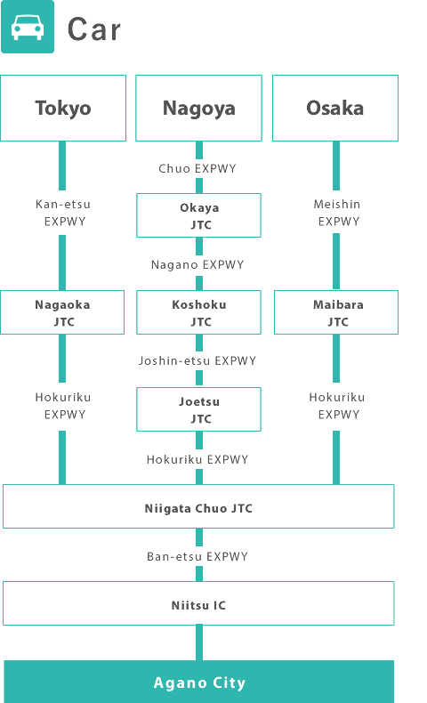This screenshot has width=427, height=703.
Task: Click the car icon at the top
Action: [x=28, y=27]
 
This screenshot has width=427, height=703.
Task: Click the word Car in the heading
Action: [x=94, y=29]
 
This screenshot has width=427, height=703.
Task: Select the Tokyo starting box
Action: [x=63, y=108]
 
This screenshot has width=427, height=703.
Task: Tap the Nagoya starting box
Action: [x=199, y=108]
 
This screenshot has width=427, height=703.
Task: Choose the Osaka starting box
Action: [x=335, y=108]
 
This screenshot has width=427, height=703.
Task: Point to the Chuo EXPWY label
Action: [x=197, y=168]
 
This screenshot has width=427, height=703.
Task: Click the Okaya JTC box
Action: [x=199, y=215]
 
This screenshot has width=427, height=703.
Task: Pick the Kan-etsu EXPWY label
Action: [x=63, y=213]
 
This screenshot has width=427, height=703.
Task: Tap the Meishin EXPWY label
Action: [x=337, y=213]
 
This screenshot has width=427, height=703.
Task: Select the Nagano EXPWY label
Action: [x=197, y=264]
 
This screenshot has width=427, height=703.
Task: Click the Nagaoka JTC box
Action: [x=62, y=312]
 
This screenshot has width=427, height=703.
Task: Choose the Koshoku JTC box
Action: [x=199, y=312]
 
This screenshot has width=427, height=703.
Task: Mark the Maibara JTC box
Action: [x=336, y=312]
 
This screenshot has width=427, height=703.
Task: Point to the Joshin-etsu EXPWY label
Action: [x=197, y=361]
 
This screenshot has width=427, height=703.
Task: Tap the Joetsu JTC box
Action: [x=199, y=409]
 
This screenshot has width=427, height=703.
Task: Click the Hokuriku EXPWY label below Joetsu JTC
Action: [x=197, y=459]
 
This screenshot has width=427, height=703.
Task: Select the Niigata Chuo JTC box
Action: [x=198, y=506]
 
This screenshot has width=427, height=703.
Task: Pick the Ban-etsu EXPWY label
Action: [x=197, y=556]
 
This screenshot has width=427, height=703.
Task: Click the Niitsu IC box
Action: [x=198, y=603]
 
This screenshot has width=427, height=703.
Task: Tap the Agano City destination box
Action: [x=199, y=682]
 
